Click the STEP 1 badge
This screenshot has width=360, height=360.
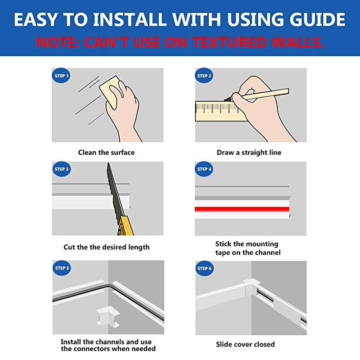point(61,76)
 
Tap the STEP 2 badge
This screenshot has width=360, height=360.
point(204,76)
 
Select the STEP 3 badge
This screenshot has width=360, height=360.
point(61,169)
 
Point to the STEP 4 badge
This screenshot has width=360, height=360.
point(204,169)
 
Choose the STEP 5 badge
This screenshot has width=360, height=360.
point(61,268)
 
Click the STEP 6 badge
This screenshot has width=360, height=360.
point(204,268)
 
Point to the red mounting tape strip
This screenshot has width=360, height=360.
point(241,209)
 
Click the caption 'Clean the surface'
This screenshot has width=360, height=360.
point(106,153)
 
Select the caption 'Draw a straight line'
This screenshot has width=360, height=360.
point(249,153)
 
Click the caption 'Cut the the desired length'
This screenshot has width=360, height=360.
point(106,247)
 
